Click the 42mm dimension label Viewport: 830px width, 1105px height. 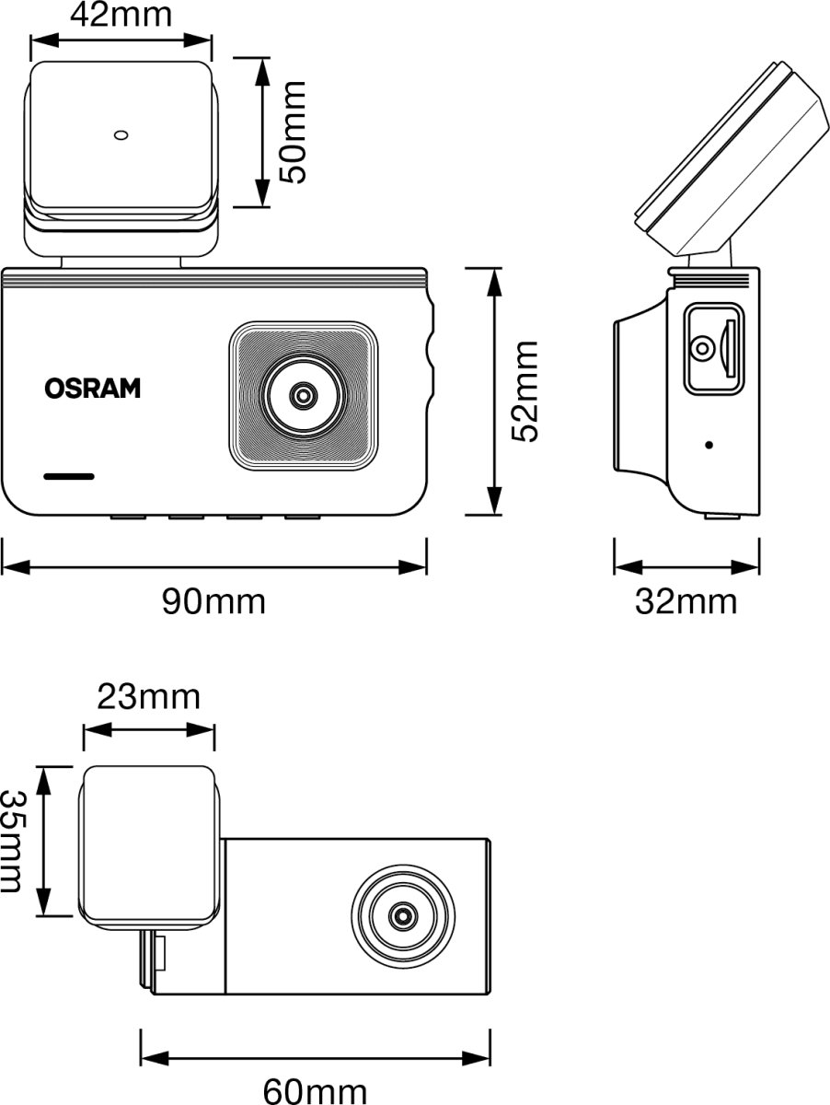pyautogui.click(x=121, y=16)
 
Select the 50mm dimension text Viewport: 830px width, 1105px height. pyautogui.click(x=294, y=132)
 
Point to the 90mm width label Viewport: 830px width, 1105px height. pyautogui.click(x=213, y=602)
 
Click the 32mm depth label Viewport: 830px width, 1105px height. pyautogui.click(x=686, y=602)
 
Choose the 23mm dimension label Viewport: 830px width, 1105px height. pyautogui.click(x=148, y=697)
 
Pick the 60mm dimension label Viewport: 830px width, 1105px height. pyautogui.click(x=315, y=1091)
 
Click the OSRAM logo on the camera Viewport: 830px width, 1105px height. pyautogui.click(x=93, y=389)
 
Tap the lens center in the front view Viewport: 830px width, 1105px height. pyautogui.click(x=302, y=395)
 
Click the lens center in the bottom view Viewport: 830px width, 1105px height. pyautogui.click(x=402, y=916)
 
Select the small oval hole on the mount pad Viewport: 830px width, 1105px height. pyautogui.click(x=121, y=135)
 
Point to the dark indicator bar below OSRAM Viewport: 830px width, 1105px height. pyautogui.click(x=69, y=477)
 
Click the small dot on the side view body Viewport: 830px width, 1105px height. pyautogui.click(x=709, y=445)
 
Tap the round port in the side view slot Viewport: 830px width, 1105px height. pyautogui.click(x=702, y=349)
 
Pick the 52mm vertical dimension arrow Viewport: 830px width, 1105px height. pyautogui.click(x=495, y=391)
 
